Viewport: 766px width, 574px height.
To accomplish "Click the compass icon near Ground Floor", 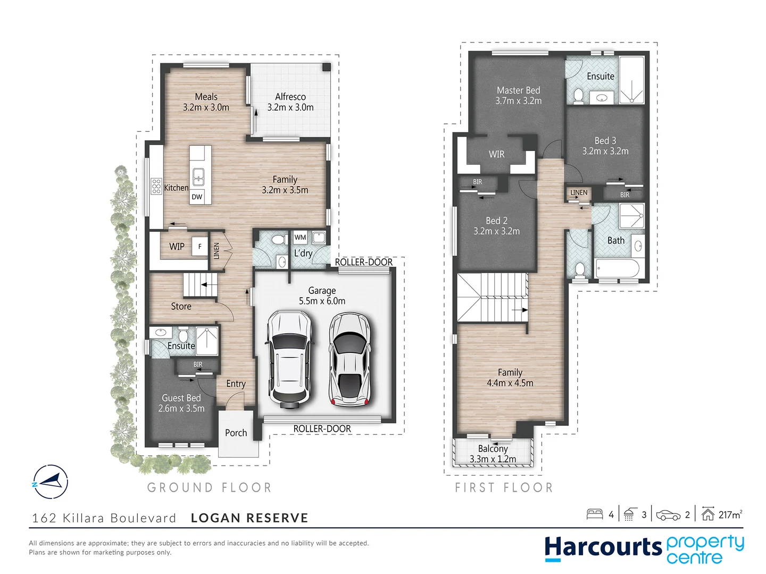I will pos(51,482).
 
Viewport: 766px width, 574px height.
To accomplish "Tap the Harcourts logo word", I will pos(602,547).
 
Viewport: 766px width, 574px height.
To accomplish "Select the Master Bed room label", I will pos(518,91).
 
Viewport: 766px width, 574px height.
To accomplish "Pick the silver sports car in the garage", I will pos(349,359).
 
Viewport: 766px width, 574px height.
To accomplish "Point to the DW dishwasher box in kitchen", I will pos(197,197).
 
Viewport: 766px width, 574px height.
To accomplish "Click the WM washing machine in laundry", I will pos(300,238).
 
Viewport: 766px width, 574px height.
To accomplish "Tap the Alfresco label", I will pos(290,97).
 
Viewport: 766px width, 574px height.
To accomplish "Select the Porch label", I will pos(236,433).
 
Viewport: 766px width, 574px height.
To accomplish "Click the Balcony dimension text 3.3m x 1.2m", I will pos(493,459).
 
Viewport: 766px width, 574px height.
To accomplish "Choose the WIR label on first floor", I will pos(496,154).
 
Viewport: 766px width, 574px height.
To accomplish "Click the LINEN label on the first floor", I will pos(579,193).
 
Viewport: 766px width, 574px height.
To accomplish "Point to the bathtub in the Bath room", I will pos(617,268).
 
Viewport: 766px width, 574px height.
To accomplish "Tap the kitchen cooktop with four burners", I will pos(156,187).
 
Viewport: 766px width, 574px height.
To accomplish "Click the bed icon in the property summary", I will pos(594,514).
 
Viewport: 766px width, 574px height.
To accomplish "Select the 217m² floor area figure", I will pos(730,514).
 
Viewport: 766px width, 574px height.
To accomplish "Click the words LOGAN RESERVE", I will pos(249,518).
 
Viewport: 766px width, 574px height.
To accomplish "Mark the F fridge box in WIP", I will pos(200,247).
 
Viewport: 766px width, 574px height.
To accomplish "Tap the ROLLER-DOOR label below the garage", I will pos(322,429).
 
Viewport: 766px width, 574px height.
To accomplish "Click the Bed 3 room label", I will pos(605,141).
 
